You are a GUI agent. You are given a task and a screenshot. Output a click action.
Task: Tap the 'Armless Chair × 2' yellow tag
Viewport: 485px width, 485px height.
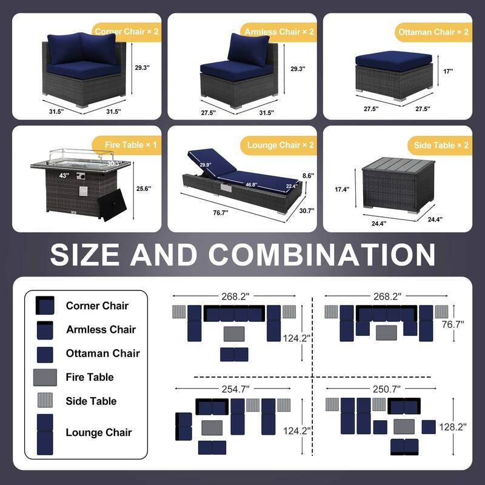279,31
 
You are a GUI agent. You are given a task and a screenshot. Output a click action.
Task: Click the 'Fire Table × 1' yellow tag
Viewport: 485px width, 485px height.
131,145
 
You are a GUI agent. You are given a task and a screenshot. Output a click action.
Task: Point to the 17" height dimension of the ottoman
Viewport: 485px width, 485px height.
447,71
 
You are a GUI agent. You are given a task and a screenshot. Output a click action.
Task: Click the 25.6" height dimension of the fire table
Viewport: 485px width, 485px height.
144,189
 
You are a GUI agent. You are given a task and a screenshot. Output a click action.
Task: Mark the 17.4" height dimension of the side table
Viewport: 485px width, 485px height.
342,189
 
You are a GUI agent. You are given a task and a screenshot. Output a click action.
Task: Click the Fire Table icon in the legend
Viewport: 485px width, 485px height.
45,377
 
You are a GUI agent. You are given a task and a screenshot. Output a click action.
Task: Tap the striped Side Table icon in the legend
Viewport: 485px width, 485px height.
45,401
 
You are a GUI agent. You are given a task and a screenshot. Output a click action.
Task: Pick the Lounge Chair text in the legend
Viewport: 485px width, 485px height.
99,432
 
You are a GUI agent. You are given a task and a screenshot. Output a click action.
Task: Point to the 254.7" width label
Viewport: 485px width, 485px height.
231,388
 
